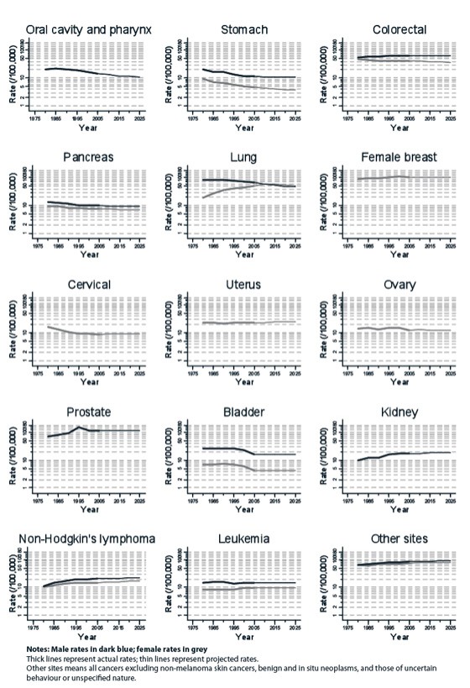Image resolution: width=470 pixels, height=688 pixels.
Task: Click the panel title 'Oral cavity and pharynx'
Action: pos(88,29)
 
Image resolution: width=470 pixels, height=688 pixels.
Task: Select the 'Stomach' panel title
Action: pos(243,29)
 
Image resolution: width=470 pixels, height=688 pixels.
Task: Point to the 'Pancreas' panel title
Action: pos(88,157)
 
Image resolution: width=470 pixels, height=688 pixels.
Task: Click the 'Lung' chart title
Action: pos(243,157)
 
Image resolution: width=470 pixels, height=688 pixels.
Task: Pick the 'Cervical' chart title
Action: pos(88,285)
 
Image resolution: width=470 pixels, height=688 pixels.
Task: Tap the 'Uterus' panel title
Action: pos(243,285)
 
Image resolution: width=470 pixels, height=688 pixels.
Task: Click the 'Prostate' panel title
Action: pos(88,412)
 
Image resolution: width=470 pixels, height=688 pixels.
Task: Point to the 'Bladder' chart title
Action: pos(243,412)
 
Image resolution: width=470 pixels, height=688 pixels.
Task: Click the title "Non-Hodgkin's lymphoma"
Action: pos(88,538)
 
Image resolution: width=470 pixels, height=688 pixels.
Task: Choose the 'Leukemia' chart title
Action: pos(243,538)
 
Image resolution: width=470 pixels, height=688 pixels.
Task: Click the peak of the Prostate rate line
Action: pos(80,427)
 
